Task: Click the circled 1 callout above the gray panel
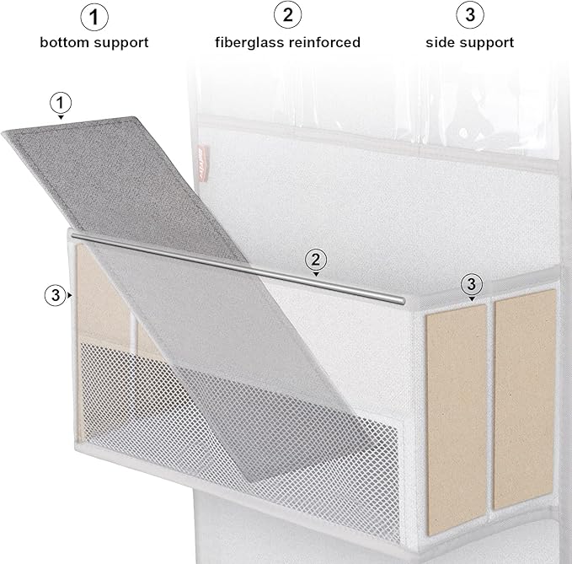click(x=60, y=103)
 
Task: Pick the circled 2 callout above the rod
click(x=316, y=259)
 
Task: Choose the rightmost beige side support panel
click(x=524, y=396)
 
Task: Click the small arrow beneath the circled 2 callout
click(x=316, y=274)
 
